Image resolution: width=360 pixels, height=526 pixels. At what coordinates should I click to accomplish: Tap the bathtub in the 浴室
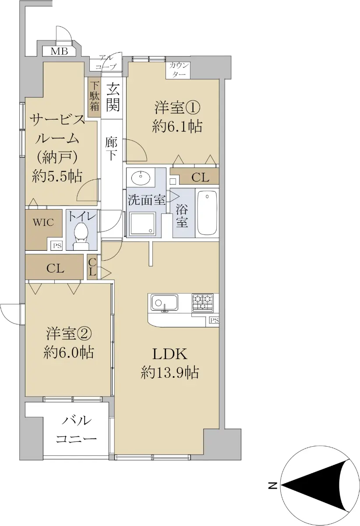pos(207,213)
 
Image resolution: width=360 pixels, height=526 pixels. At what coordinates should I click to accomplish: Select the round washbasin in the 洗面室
pos(141,178)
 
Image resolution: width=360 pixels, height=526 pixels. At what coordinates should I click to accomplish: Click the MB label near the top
pos(60,51)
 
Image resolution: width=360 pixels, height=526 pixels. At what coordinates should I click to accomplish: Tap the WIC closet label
pos(43,222)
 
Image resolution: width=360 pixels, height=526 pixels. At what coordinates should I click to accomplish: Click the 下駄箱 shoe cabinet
pos(94,99)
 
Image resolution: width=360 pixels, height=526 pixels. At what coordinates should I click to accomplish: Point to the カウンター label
pos(179,70)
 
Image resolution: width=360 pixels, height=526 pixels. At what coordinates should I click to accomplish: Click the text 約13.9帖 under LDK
pos(170,373)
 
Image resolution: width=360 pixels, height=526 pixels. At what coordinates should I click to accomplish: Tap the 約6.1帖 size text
pos(177,127)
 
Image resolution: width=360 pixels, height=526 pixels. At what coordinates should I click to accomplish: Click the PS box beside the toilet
pos(57,246)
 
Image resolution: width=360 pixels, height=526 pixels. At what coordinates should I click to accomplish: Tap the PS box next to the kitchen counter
pos(214,320)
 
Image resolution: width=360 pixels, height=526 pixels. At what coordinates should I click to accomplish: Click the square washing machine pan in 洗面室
pos(143,223)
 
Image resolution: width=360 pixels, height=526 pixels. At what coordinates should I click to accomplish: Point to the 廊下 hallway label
pos(112,149)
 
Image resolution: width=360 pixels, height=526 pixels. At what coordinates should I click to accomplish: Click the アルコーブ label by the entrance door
pos(106,62)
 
